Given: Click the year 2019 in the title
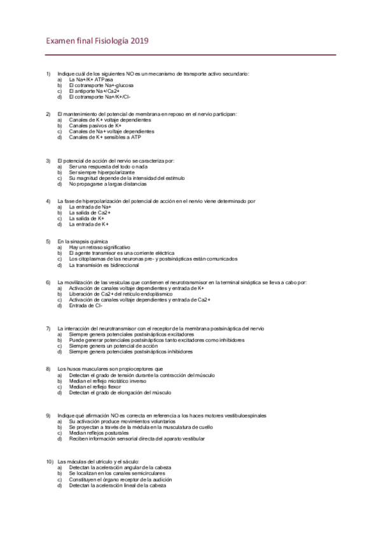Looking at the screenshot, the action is pyautogui.click(x=139, y=41).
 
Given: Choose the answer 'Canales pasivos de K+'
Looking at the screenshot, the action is pyautogui.click(x=95, y=126).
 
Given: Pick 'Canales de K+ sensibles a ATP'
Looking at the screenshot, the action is pyautogui.click(x=105, y=137).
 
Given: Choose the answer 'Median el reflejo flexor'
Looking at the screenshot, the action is pyautogui.click(x=95, y=386).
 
